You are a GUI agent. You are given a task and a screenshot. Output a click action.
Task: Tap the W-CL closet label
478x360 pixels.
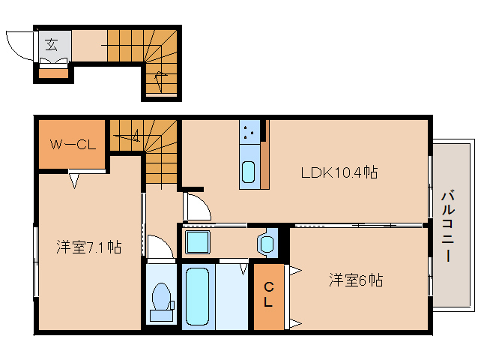(73, 144)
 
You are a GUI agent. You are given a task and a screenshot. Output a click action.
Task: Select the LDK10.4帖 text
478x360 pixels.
(339, 172)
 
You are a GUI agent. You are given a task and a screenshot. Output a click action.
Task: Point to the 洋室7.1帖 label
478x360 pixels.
(89, 247)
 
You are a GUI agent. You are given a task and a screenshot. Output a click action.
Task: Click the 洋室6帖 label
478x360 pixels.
(356, 280)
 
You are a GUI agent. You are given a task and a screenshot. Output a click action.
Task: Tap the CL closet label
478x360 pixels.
(268, 295)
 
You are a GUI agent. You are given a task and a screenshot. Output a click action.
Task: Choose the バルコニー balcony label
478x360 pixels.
(448, 226)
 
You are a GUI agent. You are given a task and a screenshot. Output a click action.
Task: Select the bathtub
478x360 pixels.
(198, 296)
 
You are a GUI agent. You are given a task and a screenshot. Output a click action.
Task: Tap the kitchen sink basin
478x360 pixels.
(248, 172)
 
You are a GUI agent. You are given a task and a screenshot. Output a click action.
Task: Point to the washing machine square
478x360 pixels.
(198, 242)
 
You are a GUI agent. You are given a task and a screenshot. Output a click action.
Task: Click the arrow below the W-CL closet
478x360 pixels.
(74, 181)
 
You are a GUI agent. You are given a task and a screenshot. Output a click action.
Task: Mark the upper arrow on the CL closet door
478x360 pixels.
(295, 270)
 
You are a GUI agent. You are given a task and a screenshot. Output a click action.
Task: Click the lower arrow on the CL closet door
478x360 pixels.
(295, 323)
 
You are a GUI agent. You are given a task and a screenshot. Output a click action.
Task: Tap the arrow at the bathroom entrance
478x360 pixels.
(243, 269)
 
